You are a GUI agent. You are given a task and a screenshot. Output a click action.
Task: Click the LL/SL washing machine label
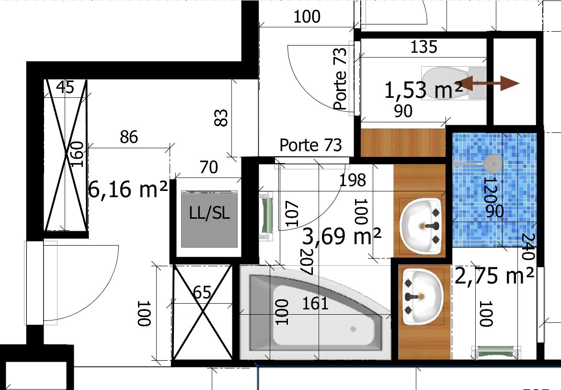click(x=209, y=213)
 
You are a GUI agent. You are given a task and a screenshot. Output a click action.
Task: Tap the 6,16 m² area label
click(x=128, y=189)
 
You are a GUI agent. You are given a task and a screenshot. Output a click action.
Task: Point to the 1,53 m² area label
click(x=424, y=90)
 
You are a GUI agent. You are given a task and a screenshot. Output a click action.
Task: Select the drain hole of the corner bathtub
click(x=353, y=329)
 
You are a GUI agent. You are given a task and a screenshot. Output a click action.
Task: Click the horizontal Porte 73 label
click(x=310, y=145)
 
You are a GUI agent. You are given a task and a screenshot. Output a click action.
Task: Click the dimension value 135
click(x=424, y=47)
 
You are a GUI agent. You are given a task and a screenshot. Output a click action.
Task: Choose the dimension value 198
click(x=353, y=180)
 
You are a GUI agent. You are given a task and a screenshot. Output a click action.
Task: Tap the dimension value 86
click(x=129, y=137)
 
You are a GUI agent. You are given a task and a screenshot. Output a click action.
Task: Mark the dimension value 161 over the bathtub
click(x=315, y=304)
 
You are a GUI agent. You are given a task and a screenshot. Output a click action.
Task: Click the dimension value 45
click(x=66, y=87)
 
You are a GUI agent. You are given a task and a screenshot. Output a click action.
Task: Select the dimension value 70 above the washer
click(x=208, y=167)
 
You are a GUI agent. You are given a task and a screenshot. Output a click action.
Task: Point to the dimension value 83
click(x=221, y=118)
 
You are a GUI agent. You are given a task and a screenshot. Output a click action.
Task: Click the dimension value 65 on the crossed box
click(x=202, y=292)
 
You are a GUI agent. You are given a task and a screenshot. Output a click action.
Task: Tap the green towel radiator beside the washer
click(x=266, y=217)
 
